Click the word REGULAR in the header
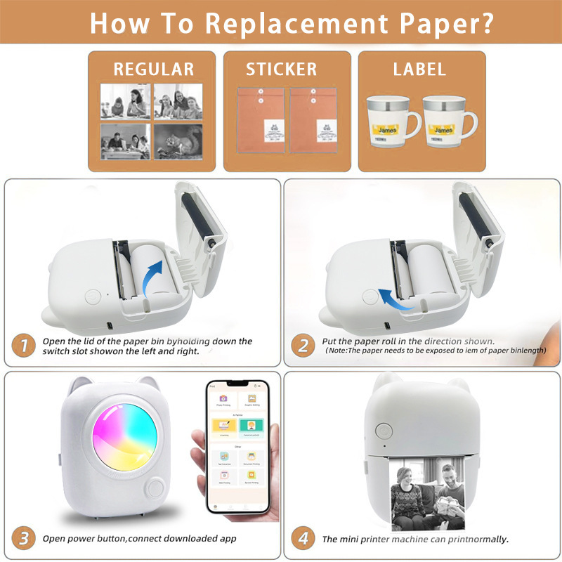(x=153, y=69)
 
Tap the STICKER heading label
(x=281, y=69)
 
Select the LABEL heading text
(x=419, y=69)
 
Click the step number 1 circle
(x=25, y=345)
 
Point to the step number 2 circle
(x=303, y=345)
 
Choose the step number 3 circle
(x=25, y=538)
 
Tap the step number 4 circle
(x=303, y=538)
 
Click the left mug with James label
(x=391, y=126)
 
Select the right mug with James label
(x=449, y=126)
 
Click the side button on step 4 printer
(x=384, y=430)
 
